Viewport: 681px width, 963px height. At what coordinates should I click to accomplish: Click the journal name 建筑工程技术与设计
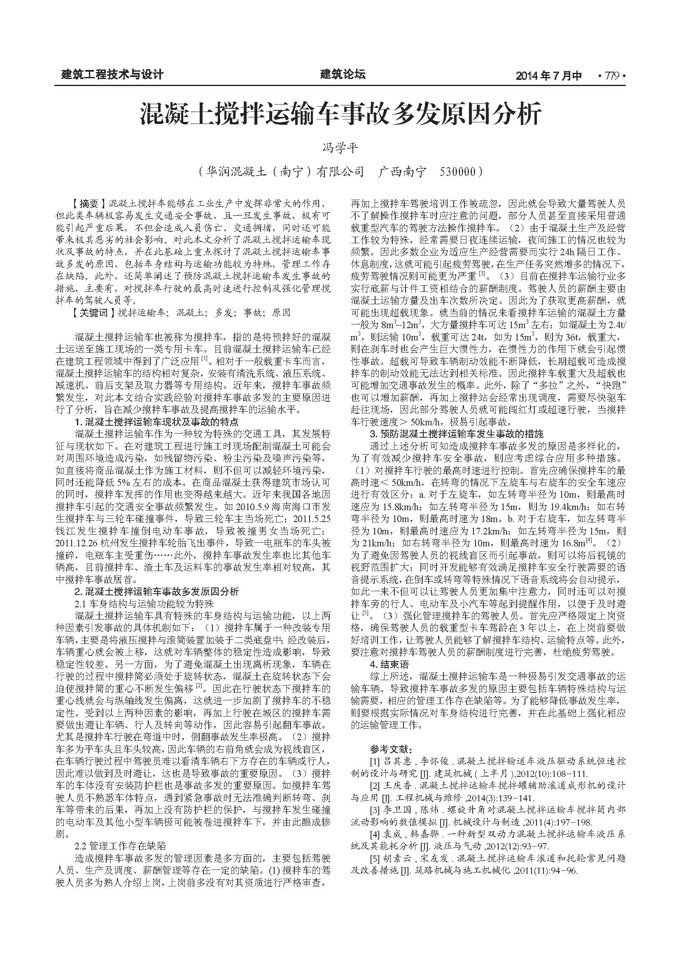(112, 75)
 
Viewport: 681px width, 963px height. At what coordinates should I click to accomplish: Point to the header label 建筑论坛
(343, 75)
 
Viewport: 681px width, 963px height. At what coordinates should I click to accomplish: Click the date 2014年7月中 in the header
(549, 76)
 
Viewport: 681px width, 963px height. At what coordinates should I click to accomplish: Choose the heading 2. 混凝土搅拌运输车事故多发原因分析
(157, 592)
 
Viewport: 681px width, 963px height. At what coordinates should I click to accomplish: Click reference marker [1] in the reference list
(374, 761)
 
